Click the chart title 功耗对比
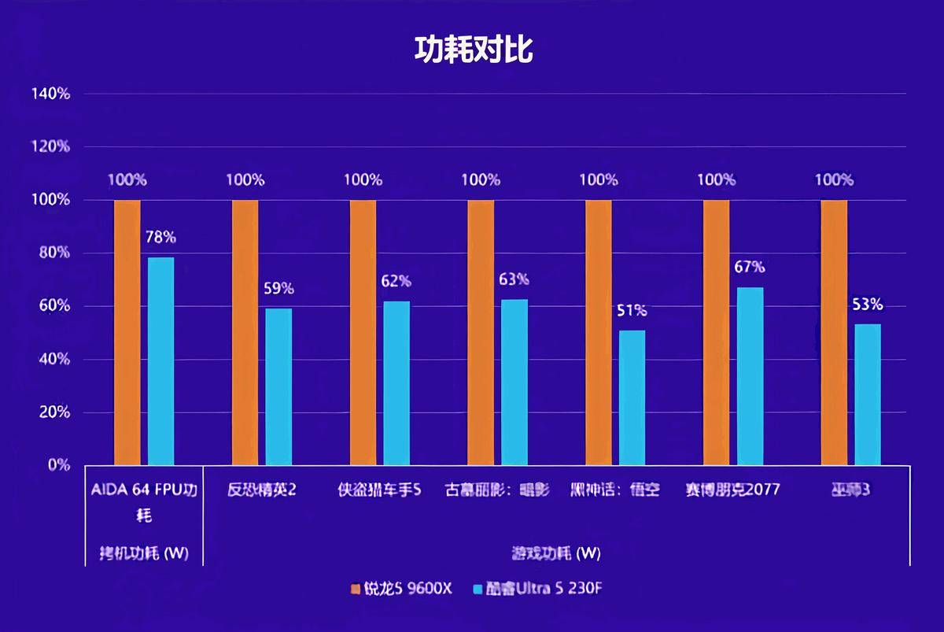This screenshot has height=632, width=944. click(x=474, y=50)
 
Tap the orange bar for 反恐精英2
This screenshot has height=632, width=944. click(x=245, y=332)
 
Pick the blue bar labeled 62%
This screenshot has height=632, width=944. click(x=396, y=383)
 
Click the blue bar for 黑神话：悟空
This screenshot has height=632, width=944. click(x=632, y=397)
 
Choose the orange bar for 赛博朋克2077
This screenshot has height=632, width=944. click(x=716, y=332)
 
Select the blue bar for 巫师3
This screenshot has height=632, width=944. click(x=868, y=394)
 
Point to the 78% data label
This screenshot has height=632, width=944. click(x=160, y=236)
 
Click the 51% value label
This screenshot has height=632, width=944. click(x=632, y=310)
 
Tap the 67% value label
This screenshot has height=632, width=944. click(x=750, y=267)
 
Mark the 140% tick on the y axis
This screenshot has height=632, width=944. click(x=51, y=94)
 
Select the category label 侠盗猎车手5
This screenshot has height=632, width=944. click(x=380, y=490)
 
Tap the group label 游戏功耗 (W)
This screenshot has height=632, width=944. click(x=556, y=553)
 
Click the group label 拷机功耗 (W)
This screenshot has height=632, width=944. click(x=144, y=553)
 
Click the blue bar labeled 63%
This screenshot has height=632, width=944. click(x=514, y=382)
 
